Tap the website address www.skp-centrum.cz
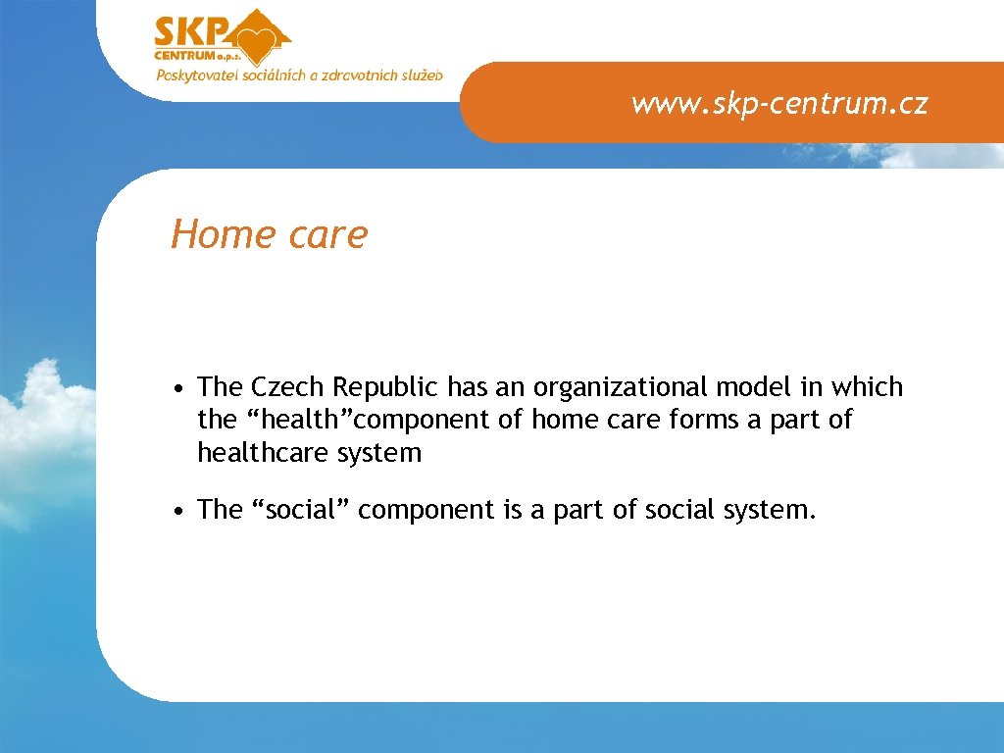tap(779, 103)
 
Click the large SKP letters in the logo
tap(190, 32)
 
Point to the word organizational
tap(609, 388)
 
